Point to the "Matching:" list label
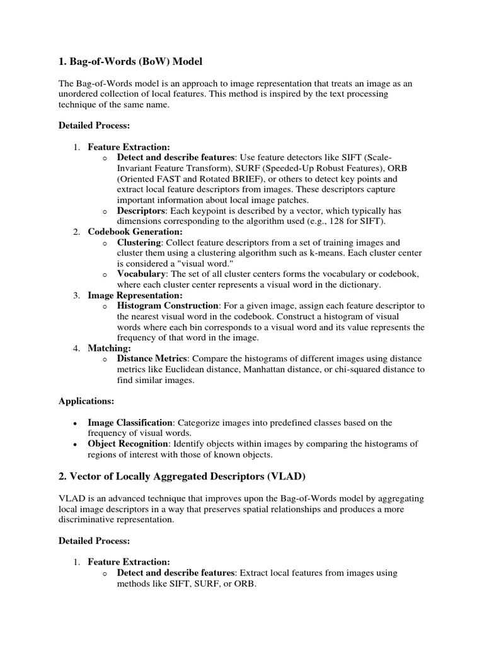pyautogui.click(x=109, y=348)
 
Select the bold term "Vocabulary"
pyautogui.click(x=141, y=274)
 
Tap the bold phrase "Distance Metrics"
pyautogui.click(x=152, y=358)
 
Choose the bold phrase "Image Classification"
pyautogui.click(x=130, y=422)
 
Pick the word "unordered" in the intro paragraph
pyautogui.click(x=79, y=93)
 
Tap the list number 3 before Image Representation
pyautogui.click(x=75, y=295)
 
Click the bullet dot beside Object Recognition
pyautogui.click(x=75, y=445)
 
